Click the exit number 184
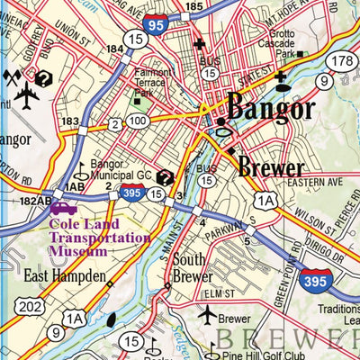click(x=113, y=49)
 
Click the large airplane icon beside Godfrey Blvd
click(x=27, y=94)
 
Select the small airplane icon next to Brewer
click(x=207, y=315)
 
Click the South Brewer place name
click(x=193, y=268)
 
